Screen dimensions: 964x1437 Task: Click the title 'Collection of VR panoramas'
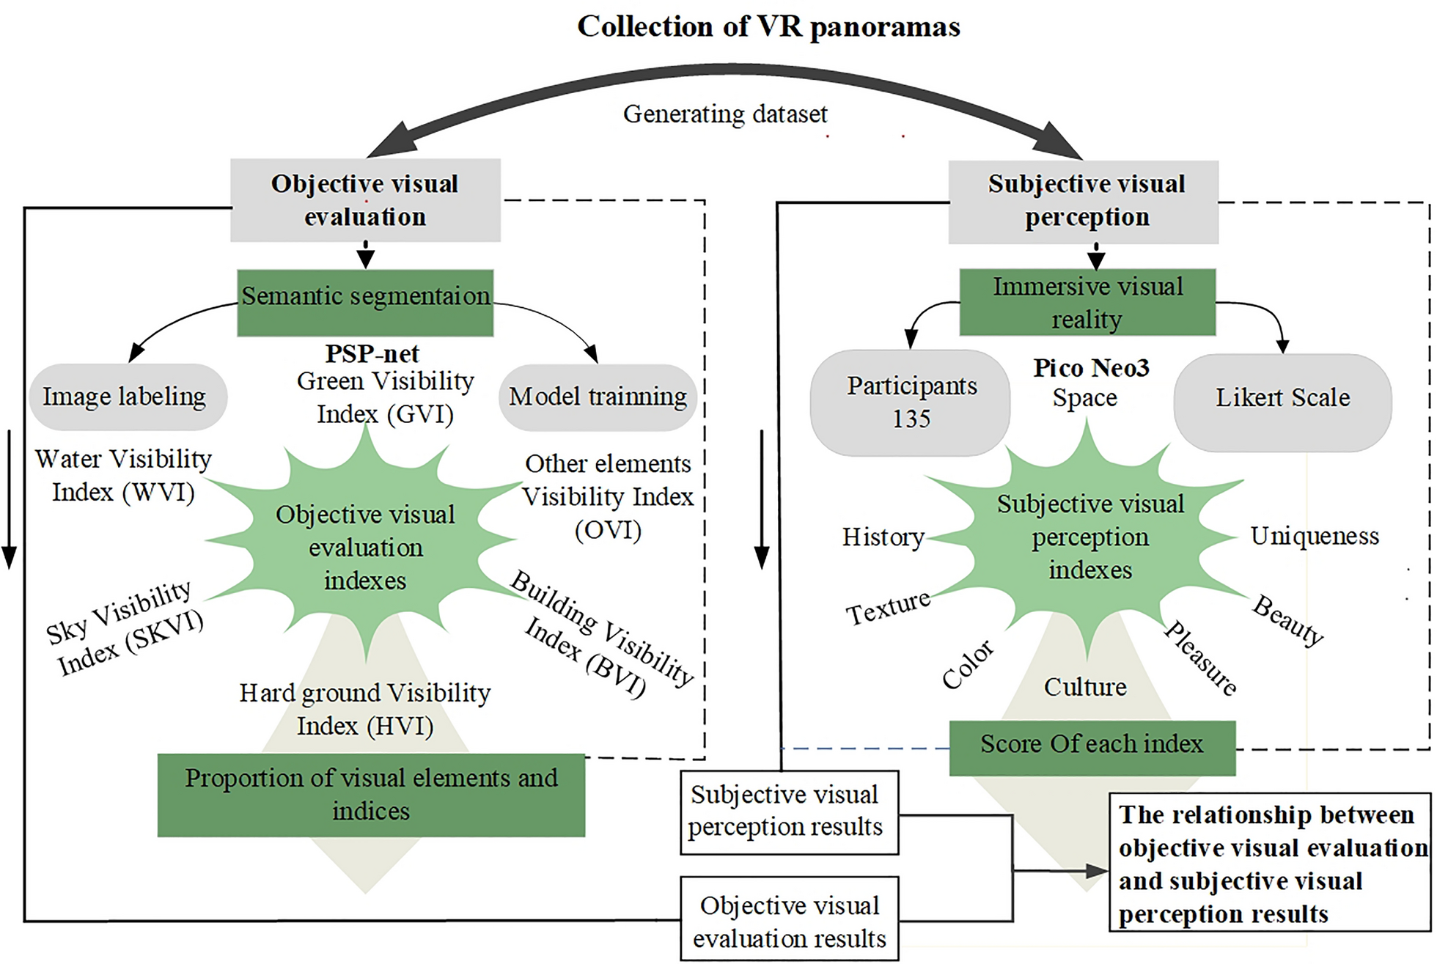click(768, 26)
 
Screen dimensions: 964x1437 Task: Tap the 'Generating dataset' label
click(725, 114)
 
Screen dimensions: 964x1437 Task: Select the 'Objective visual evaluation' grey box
click(365, 200)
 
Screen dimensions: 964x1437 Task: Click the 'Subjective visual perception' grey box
click(1084, 202)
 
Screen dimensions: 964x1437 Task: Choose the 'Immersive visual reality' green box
click(1087, 302)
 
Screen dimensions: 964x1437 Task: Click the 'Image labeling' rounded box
click(126, 397)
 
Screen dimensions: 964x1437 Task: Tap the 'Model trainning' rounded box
click(598, 397)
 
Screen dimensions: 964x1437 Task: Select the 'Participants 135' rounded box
click(911, 402)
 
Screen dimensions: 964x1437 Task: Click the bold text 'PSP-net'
click(372, 353)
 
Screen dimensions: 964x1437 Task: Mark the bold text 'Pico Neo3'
click(1091, 367)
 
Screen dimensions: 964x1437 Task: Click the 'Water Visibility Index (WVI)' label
click(123, 475)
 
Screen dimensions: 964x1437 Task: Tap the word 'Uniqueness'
click(1314, 536)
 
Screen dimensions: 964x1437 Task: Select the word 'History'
click(883, 537)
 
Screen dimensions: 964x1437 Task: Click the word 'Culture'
click(1085, 687)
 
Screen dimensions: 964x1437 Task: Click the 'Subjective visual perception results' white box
click(789, 812)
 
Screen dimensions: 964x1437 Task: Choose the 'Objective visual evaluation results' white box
click(789, 921)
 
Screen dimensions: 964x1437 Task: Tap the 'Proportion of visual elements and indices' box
click(371, 795)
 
